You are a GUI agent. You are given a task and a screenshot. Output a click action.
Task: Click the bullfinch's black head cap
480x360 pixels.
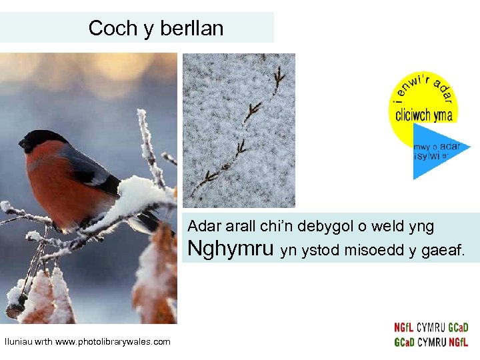tap(43, 138)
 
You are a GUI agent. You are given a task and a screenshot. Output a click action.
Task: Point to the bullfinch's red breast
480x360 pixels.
tap(50, 183)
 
